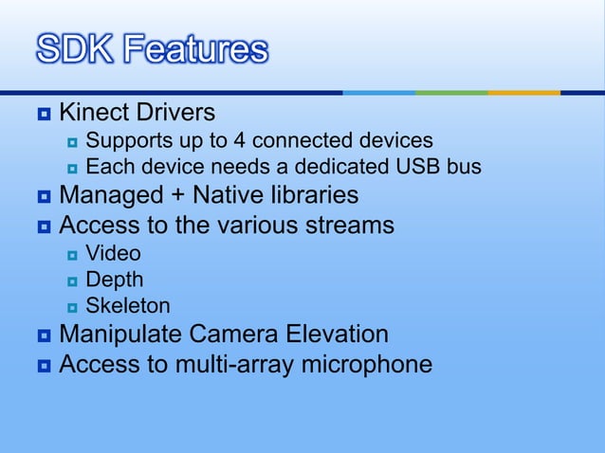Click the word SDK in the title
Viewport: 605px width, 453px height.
click(x=76, y=49)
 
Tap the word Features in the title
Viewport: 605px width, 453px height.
click(x=195, y=49)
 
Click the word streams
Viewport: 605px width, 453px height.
click(x=350, y=226)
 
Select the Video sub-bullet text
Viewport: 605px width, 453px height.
click(x=113, y=253)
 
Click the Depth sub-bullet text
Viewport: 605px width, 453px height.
click(x=115, y=280)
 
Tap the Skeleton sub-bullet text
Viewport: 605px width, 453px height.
click(x=128, y=306)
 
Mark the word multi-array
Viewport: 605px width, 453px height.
click(x=235, y=364)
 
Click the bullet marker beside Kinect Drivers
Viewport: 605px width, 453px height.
click(x=44, y=114)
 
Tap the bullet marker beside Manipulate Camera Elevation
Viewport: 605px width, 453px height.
click(x=44, y=335)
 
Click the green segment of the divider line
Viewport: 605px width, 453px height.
click(x=451, y=92)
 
